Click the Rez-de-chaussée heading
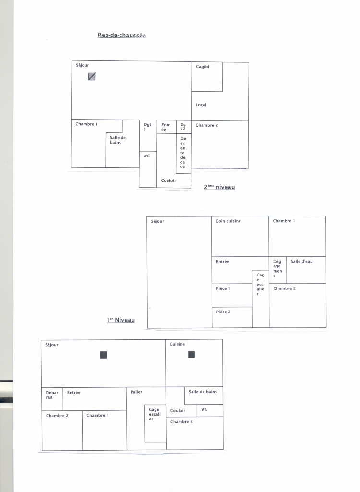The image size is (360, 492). click(x=122, y=35)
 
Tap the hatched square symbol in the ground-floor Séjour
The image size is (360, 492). click(x=92, y=76)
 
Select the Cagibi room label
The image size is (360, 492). click(x=203, y=67)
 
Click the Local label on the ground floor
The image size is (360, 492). click(x=201, y=105)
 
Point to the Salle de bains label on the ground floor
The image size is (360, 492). click(x=118, y=140)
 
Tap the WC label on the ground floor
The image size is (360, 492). click(x=146, y=156)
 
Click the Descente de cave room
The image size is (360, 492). click(x=184, y=154)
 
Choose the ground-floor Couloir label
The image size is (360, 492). click(x=168, y=180)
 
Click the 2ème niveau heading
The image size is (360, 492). click(x=219, y=187)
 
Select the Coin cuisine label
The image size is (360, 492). click(x=228, y=221)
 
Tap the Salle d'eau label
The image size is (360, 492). click(x=301, y=261)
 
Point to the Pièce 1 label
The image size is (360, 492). click(x=223, y=288)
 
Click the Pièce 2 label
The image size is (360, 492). click(x=223, y=312)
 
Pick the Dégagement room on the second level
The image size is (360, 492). click(x=278, y=270)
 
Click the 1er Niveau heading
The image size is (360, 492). click(x=121, y=320)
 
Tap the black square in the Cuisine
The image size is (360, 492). click(x=192, y=355)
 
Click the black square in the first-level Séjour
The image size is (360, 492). click(x=103, y=355)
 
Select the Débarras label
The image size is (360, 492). click(x=52, y=395)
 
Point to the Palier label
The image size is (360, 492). click(x=136, y=392)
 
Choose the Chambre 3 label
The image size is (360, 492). click(x=181, y=422)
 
